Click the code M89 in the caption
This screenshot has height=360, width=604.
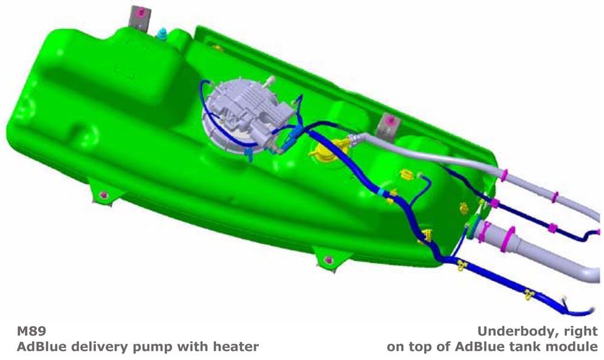point(32,331)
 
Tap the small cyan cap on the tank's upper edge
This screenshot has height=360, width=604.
point(162,33)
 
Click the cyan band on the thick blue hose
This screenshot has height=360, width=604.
point(381,192)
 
